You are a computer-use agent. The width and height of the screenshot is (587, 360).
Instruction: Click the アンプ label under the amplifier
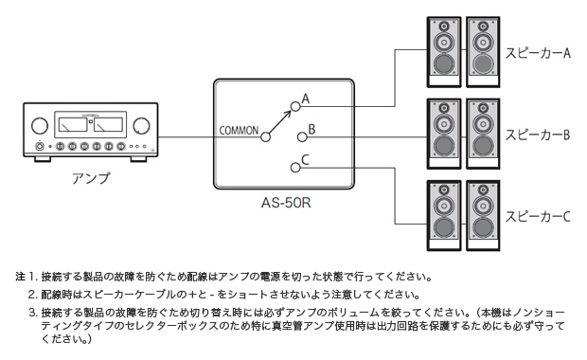coord(91,177)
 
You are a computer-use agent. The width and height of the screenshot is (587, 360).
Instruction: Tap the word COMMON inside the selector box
coord(238,130)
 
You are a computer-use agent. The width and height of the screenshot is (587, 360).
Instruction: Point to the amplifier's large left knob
coord(39,125)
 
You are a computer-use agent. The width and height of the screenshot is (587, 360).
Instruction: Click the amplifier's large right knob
coord(141,125)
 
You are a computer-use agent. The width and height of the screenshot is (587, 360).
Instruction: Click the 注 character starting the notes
coord(20,278)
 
